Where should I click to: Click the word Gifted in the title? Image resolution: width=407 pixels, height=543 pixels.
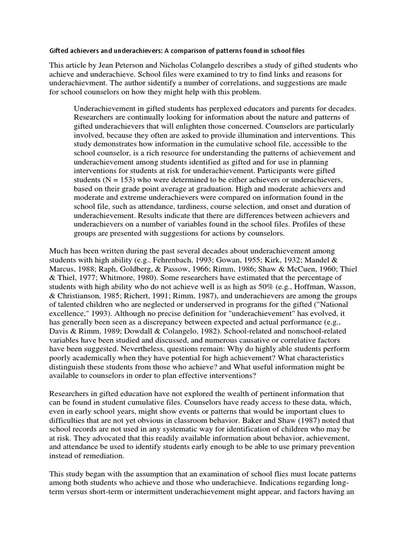point(60,51)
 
